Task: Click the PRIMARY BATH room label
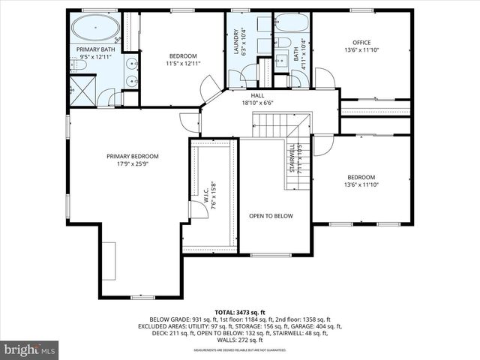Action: click(96, 49)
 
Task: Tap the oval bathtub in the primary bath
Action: click(95, 29)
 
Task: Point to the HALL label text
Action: click(257, 95)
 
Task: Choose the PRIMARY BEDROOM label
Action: click(132, 156)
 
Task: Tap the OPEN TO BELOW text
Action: click(271, 216)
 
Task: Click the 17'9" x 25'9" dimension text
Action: click(132, 164)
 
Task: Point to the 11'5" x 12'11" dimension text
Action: click(182, 64)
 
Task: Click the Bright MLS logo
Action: click(30, 349)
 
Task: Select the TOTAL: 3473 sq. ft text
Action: click(240, 312)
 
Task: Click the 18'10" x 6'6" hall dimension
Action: click(257, 103)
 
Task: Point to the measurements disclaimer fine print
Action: click(240, 349)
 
